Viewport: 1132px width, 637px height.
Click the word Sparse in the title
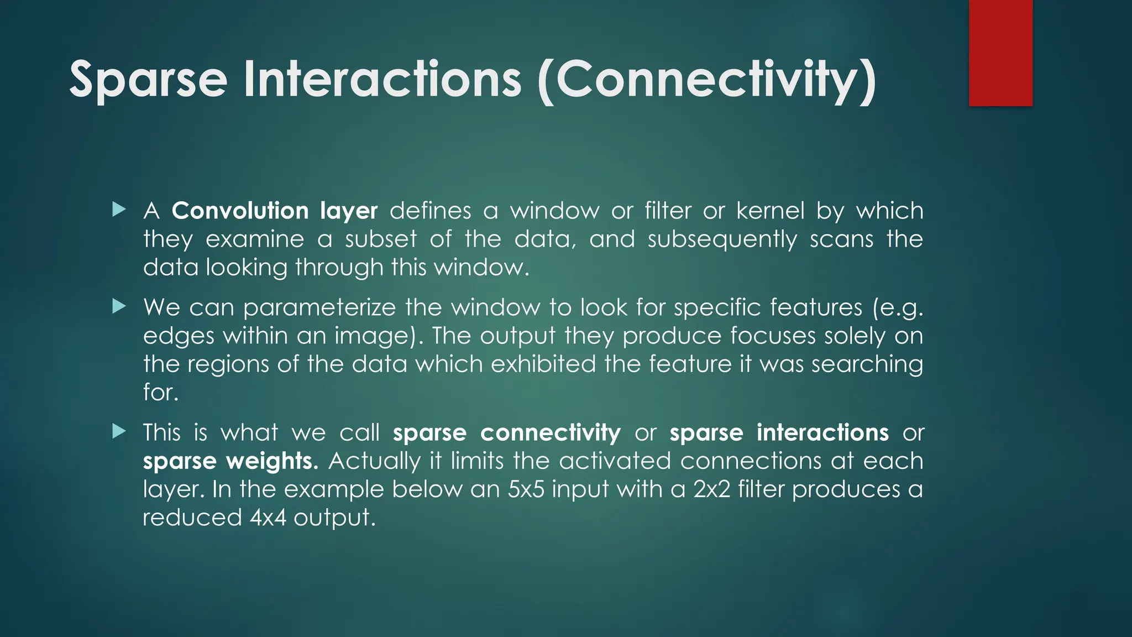(x=148, y=80)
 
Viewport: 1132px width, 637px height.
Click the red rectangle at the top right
(x=1000, y=53)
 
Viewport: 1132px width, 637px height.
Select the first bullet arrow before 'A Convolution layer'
(x=118, y=210)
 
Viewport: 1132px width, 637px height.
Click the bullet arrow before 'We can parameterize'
(x=118, y=306)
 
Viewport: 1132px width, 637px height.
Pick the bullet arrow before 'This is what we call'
(x=118, y=431)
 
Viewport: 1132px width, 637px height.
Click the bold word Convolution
(x=240, y=211)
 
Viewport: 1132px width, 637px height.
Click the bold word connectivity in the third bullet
(x=550, y=433)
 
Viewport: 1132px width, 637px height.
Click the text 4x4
(x=268, y=518)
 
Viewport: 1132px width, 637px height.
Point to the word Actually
(x=374, y=461)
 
